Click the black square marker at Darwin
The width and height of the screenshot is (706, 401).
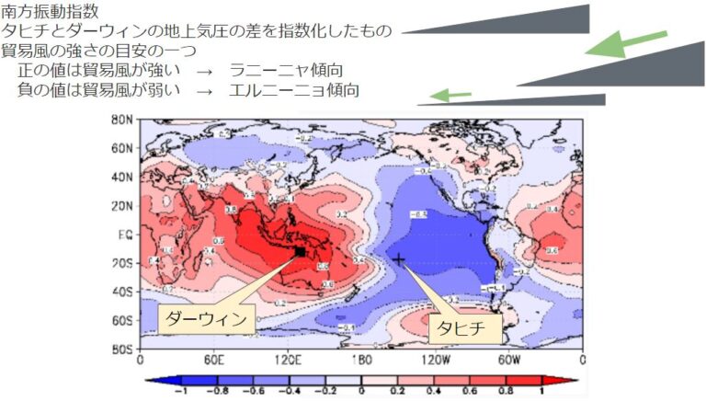pos(300,251)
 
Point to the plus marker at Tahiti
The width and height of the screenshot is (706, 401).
pos(399,259)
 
